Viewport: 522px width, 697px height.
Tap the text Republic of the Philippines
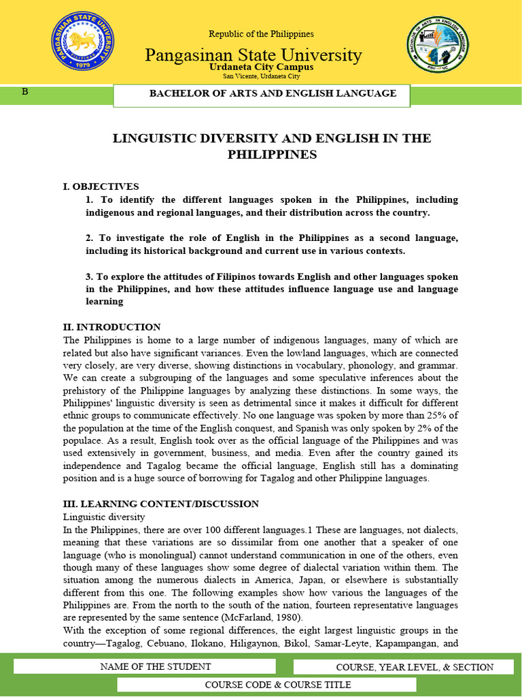tap(261, 34)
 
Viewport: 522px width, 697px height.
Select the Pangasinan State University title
tap(253, 54)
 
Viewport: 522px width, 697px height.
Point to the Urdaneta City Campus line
tap(261, 67)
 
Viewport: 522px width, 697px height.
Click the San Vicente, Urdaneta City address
tap(261, 77)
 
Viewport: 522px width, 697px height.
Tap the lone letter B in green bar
tap(25, 92)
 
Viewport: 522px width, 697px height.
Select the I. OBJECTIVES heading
tap(101, 187)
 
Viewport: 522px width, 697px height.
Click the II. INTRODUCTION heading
tap(111, 327)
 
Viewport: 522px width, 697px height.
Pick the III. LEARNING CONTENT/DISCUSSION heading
tap(160, 504)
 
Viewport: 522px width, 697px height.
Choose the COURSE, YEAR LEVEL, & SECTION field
tap(415, 668)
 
